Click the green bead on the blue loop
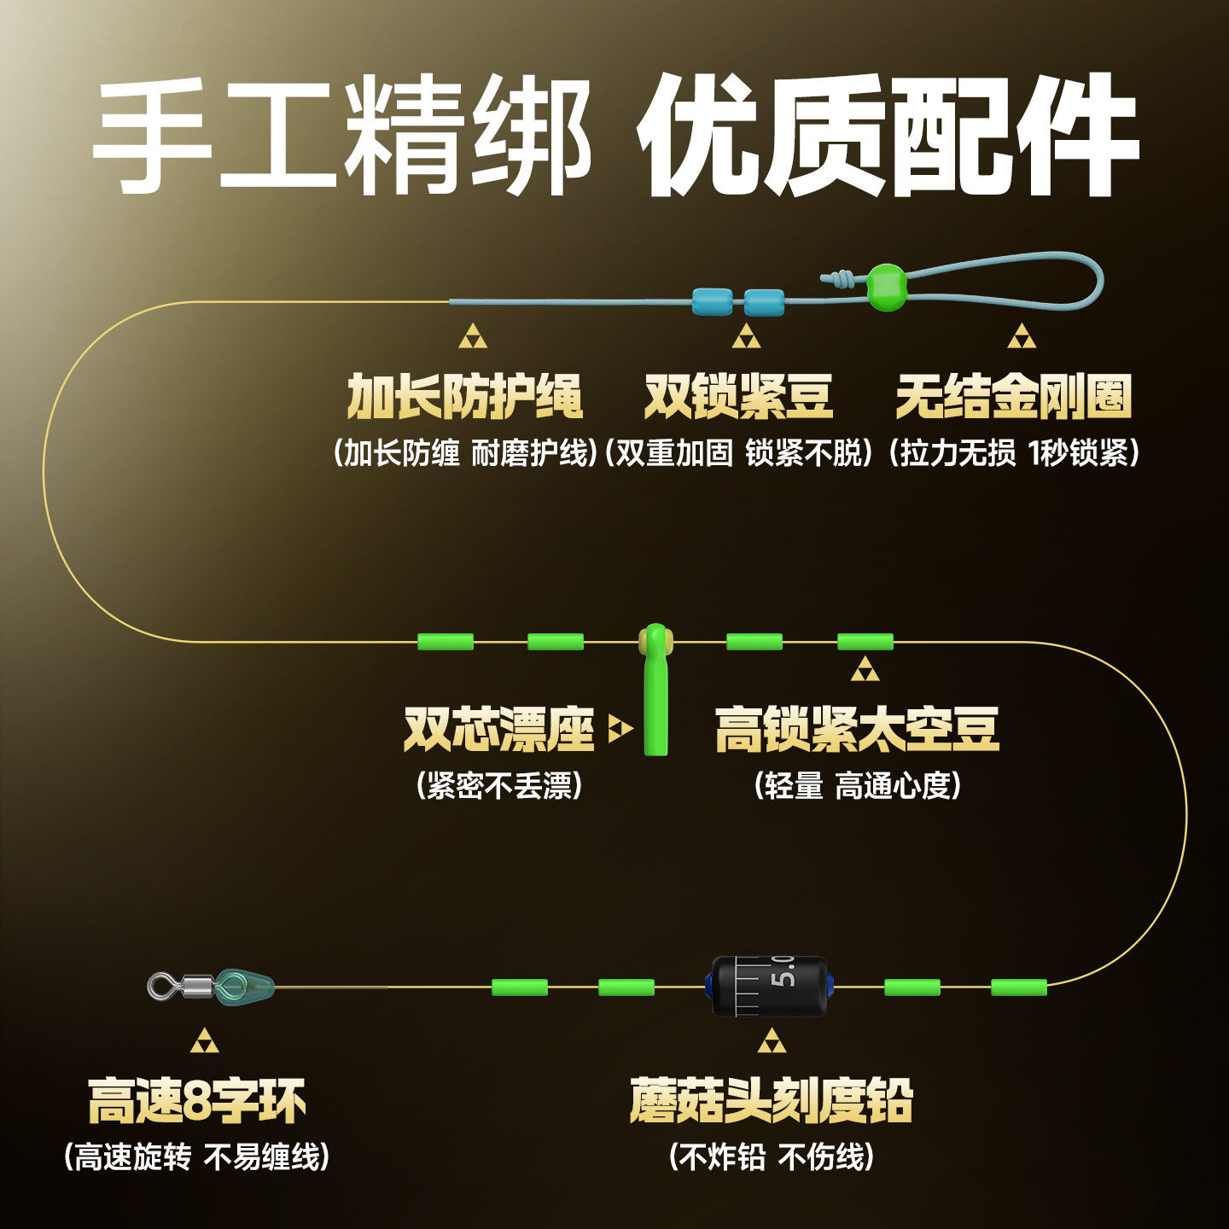887,287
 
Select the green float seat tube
655,691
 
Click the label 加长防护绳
464,397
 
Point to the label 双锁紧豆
738,397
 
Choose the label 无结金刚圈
1014,397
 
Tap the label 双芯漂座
498,729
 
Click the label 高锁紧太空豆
857,729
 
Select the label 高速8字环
197,1101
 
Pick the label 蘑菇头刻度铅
772,1101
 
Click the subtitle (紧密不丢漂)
499,785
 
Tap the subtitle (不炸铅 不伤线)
772,1157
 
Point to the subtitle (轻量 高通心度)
858,785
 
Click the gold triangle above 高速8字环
204,1041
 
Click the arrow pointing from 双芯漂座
620,729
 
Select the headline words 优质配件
888,137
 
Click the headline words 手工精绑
341,137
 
